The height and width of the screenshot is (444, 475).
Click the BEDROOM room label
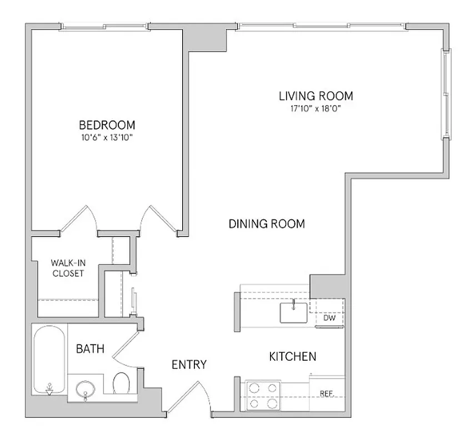coord(107,125)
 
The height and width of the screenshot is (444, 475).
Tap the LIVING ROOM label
coord(316,96)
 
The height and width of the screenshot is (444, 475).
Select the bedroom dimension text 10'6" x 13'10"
coord(107,137)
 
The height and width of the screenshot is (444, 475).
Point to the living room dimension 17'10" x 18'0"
coord(315,109)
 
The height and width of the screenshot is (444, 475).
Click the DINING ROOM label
coord(267,224)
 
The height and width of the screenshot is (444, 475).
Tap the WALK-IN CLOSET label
coord(67,268)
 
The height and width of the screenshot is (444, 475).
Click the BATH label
coord(89,349)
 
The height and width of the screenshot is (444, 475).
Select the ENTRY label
coord(189,365)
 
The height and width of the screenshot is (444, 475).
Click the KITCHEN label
coord(293,356)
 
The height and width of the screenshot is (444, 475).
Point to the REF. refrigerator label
coord(327,394)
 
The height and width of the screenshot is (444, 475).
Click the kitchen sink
coord(293,312)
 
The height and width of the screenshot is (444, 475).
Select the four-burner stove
coord(262,396)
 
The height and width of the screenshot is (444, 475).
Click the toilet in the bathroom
coord(122,384)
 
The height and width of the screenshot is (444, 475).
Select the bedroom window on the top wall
coord(104,26)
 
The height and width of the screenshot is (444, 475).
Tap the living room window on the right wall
coord(446,94)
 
